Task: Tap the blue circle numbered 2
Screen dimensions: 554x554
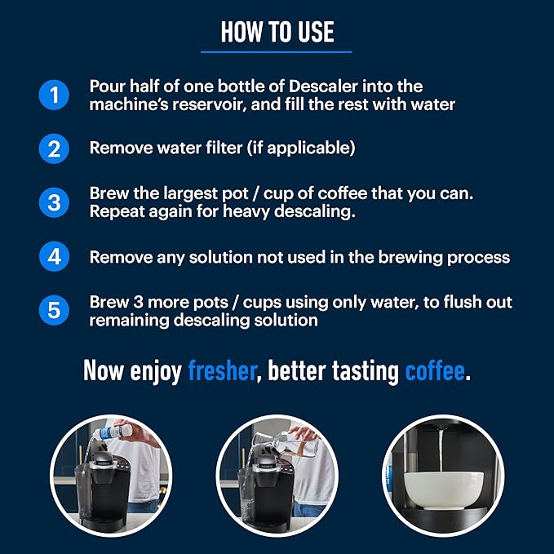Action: (54, 148)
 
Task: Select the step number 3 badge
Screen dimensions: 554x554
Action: (54, 202)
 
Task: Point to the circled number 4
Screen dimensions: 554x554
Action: (54, 257)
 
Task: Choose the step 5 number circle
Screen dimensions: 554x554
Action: (54, 310)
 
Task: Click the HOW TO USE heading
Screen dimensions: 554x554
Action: (277, 32)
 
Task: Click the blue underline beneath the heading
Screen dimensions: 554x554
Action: (277, 51)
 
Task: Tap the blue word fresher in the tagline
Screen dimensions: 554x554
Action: (222, 370)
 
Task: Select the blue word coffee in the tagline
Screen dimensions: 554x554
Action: (434, 370)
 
